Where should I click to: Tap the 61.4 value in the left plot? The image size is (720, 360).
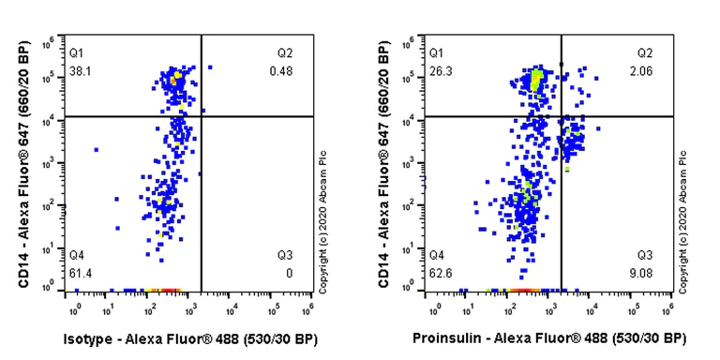[79, 272]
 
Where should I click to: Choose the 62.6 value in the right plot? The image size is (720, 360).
[439, 273]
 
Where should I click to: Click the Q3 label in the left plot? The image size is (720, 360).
[285, 255]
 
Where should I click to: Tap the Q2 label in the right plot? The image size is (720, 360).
[645, 52]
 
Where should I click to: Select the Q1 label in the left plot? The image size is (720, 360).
[77, 52]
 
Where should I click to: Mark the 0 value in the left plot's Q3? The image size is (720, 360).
[289, 273]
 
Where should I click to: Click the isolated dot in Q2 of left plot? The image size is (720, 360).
[209, 67]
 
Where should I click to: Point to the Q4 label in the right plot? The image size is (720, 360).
[437, 255]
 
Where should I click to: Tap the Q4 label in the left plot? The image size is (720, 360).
[77, 255]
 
